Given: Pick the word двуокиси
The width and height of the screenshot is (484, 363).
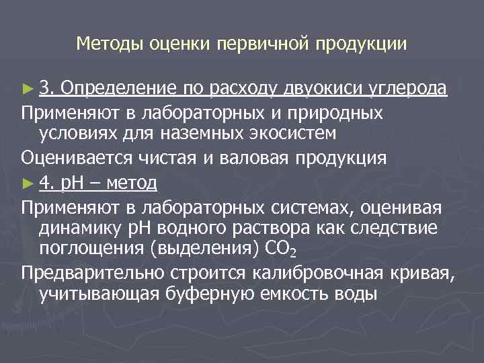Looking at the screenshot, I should (323, 87).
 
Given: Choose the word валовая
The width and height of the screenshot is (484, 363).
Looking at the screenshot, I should (259, 158).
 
